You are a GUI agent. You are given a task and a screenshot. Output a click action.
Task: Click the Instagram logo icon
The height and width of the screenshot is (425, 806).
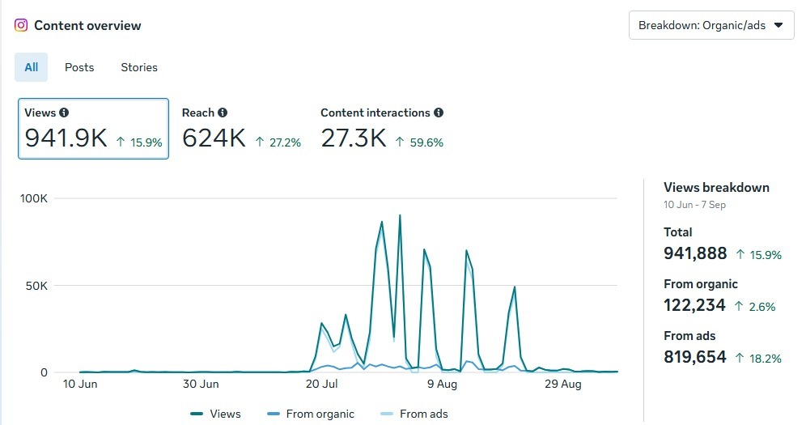[x=21, y=25]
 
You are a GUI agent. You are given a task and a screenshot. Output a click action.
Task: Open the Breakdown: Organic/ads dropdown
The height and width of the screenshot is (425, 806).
[x=711, y=25]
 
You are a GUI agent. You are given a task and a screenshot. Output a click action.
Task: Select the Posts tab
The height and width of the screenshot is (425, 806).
[x=79, y=67]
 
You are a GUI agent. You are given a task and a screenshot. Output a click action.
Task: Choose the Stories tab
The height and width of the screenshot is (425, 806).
[x=139, y=67]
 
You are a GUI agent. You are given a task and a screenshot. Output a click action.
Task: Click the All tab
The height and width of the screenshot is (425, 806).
[x=31, y=67]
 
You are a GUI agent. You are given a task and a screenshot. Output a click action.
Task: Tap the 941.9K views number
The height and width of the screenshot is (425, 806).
[x=66, y=138]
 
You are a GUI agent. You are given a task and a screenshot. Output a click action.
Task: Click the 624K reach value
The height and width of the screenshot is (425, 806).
[x=214, y=138]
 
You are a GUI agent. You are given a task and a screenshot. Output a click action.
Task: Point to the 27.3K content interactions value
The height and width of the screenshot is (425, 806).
[x=354, y=138]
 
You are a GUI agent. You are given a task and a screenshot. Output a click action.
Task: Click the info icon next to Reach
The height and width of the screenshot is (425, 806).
[x=223, y=113]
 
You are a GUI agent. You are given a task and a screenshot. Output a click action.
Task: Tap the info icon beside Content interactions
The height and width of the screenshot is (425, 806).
[x=439, y=113]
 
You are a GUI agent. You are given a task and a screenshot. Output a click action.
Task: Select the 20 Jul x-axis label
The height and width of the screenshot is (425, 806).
[x=322, y=385]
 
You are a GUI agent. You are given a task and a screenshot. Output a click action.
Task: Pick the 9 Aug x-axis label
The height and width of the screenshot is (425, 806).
[x=443, y=385]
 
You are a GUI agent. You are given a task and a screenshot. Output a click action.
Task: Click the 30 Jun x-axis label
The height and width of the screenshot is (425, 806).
[x=201, y=385]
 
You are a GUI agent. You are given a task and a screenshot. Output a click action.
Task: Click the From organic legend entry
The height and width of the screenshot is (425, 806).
[x=311, y=414]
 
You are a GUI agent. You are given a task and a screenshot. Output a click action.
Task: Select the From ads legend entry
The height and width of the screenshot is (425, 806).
[x=414, y=414]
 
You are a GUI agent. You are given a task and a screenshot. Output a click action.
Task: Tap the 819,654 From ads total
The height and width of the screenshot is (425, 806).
[x=695, y=357]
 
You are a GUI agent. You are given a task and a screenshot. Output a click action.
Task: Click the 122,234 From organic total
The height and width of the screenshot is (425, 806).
[x=695, y=305]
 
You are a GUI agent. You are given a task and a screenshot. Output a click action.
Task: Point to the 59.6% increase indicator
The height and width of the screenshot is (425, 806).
[x=419, y=142]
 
